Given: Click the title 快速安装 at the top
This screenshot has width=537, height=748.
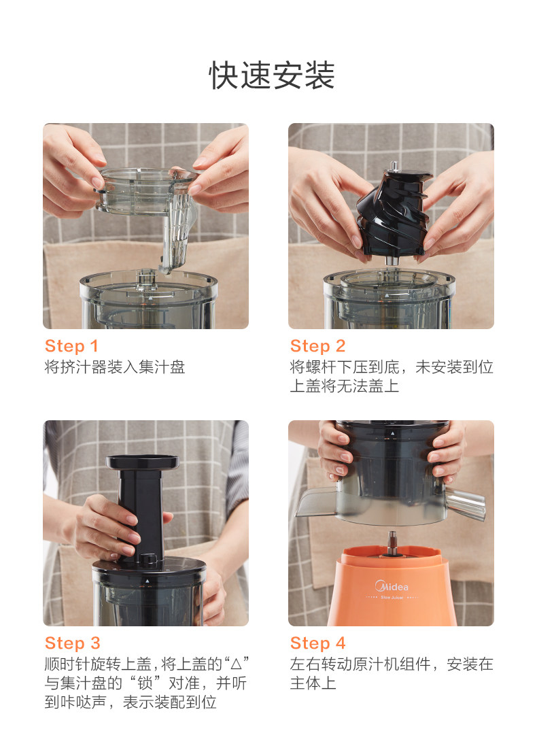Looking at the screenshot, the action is tap(272, 75).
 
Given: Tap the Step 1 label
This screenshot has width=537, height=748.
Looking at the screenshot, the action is tap(71, 346).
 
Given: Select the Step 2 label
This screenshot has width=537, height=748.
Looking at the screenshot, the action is tap(317, 346).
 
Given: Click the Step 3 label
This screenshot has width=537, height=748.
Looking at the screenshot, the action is tap(73, 643).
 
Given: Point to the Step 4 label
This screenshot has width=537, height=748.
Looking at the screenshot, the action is tap(317, 643).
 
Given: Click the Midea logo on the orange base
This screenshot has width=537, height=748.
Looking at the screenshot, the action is tap(392, 585).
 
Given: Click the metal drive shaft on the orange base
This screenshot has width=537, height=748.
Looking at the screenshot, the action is tap(392, 543).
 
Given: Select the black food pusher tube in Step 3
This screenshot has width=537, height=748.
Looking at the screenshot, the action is tap(142, 507).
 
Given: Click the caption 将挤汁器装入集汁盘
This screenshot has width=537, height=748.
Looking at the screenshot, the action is tap(114, 367).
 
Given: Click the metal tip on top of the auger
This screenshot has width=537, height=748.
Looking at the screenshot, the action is tap(394, 167).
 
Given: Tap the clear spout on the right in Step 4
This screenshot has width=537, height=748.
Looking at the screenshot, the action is tap(465, 503).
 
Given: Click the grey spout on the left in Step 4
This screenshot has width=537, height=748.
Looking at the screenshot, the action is tap(317, 502).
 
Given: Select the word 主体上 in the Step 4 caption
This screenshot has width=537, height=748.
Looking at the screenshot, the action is tap(313, 683).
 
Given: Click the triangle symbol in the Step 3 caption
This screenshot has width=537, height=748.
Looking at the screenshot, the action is tap(236, 664).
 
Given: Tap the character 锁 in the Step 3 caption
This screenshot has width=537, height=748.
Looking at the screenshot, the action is tap(145, 683).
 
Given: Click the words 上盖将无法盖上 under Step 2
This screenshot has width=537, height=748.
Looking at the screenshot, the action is tap(345, 386).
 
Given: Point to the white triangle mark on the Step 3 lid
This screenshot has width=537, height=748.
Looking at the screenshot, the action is tap(148, 581).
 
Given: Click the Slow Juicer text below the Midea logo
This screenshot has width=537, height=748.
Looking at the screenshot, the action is tap(392, 597).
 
